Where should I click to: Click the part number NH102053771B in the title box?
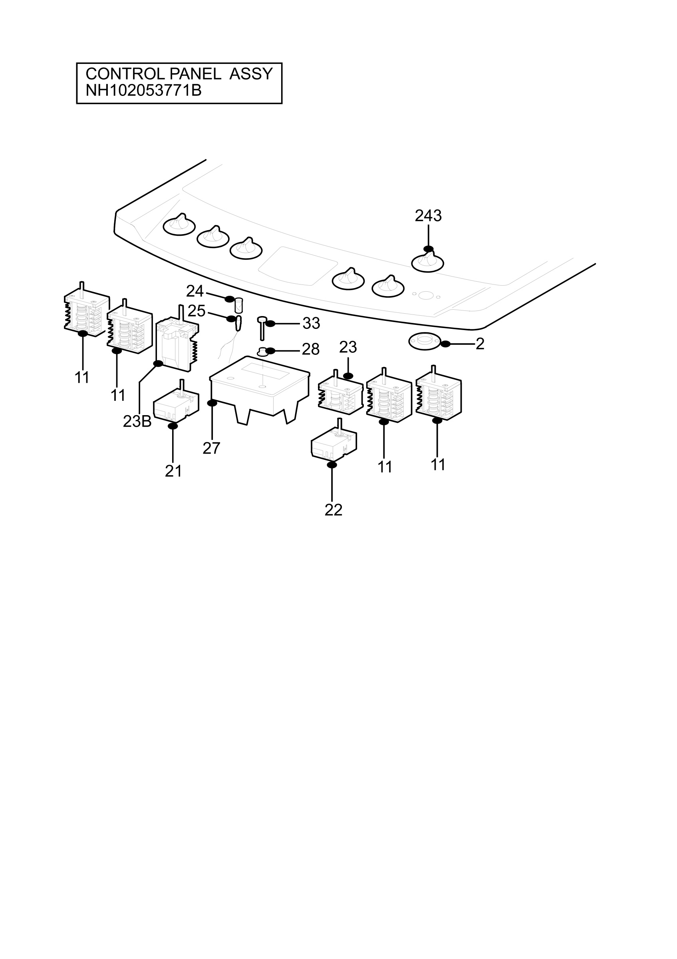(x=143, y=90)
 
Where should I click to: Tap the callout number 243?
(x=428, y=215)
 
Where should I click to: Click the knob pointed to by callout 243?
(x=428, y=262)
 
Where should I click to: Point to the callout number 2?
(x=480, y=344)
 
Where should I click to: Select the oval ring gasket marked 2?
(x=425, y=341)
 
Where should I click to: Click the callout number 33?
(x=312, y=323)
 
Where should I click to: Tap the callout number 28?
(x=311, y=349)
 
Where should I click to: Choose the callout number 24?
(x=195, y=291)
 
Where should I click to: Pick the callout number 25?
(x=197, y=311)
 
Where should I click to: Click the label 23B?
(x=137, y=422)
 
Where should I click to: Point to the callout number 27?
(x=212, y=448)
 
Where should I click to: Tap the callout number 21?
(x=174, y=471)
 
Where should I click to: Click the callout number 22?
(x=334, y=510)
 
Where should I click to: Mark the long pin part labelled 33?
(x=262, y=328)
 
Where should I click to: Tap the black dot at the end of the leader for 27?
(x=212, y=403)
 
